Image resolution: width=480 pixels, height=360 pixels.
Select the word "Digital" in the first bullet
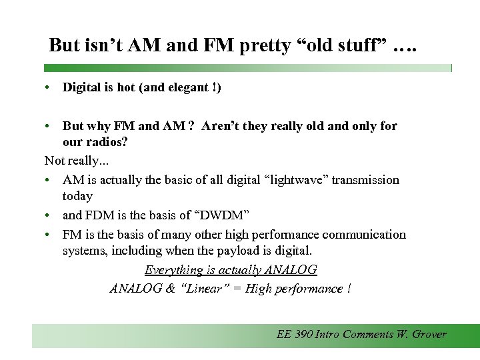pyautogui.click(x=81, y=87)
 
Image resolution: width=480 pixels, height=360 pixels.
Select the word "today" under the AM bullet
pyautogui.click(x=77, y=196)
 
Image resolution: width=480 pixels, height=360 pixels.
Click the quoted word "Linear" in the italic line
pyautogui.click(x=211, y=289)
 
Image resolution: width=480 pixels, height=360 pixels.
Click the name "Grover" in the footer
pyautogui.click(x=428, y=335)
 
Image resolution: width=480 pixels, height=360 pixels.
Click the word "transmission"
pyautogui.click(x=368, y=180)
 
